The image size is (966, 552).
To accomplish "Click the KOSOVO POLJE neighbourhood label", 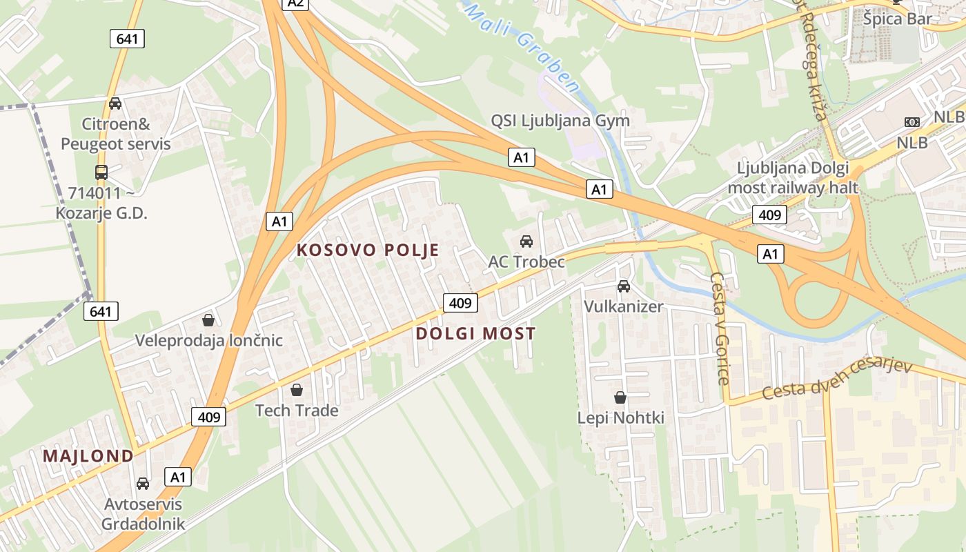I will click(x=368, y=250).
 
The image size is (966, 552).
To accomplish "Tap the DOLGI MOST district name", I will click(x=476, y=334).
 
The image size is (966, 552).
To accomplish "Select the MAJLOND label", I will click(x=88, y=456).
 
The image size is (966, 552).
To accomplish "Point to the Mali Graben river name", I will click(x=524, y=48).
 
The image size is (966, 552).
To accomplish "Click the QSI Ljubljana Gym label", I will click(x=560, y=121).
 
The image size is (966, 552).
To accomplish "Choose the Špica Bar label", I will click(x=897, y=19).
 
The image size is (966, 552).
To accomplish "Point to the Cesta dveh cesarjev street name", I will click(x=837, y=379).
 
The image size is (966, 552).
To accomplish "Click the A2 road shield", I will click(x=295, y=3).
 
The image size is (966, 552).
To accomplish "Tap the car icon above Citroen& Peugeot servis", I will click(x=115, y=103).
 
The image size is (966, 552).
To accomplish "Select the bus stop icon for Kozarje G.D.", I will click(x=101, y=172).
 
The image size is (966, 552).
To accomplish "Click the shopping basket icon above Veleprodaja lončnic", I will click(x=208, y=320).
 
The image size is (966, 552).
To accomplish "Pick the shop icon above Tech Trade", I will click(x=297, y=390).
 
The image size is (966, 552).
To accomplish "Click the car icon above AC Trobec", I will click(x=526, y=241).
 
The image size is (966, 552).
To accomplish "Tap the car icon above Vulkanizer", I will click(x=624, y=286).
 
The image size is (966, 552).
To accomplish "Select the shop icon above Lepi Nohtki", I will click(x=620, y=397).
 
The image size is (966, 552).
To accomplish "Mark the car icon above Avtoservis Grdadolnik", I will click(x=143, y=483).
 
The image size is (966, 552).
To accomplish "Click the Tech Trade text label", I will click(x=297, y=411).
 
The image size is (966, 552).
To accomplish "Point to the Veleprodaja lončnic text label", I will click(x=208, y=340).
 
